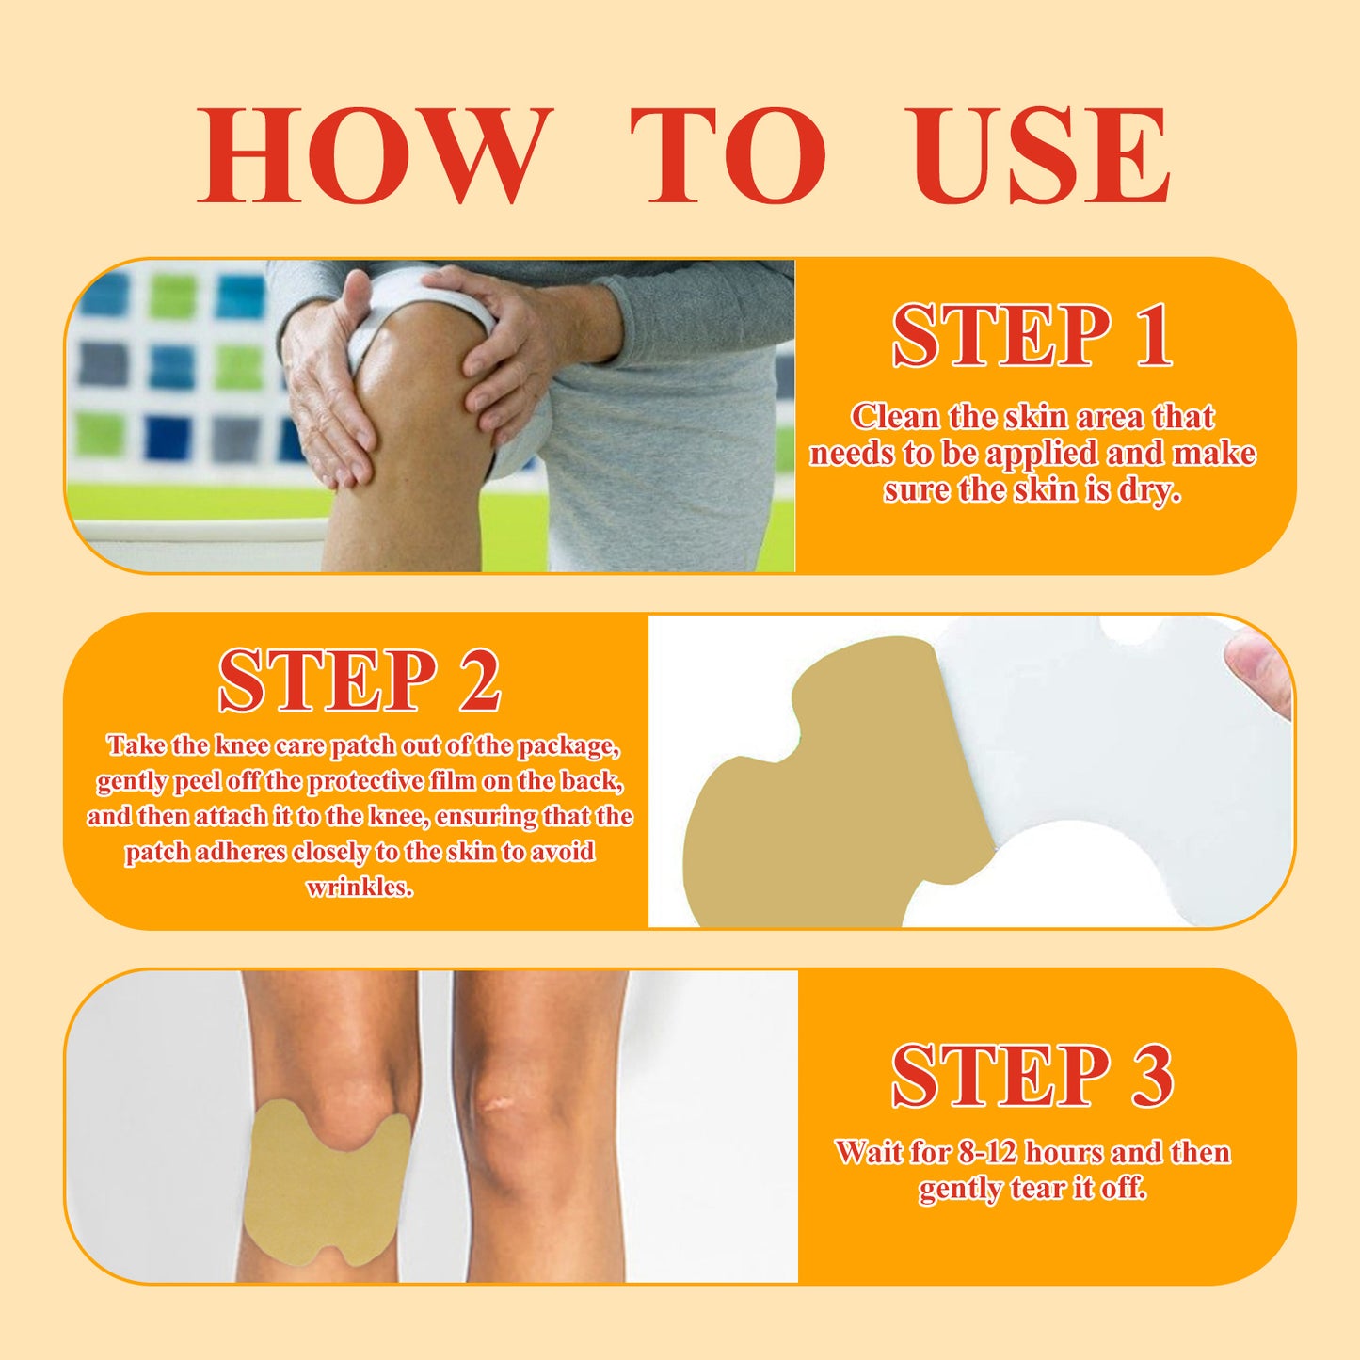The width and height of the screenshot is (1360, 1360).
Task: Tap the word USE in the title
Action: [1041, 156]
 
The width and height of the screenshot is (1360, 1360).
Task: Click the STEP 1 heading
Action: [1032, 336]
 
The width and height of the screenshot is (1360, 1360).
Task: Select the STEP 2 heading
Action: [360, 680]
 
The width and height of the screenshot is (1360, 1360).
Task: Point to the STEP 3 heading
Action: [1032, 1075]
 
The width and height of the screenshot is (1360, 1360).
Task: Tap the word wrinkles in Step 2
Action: [360, 887]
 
